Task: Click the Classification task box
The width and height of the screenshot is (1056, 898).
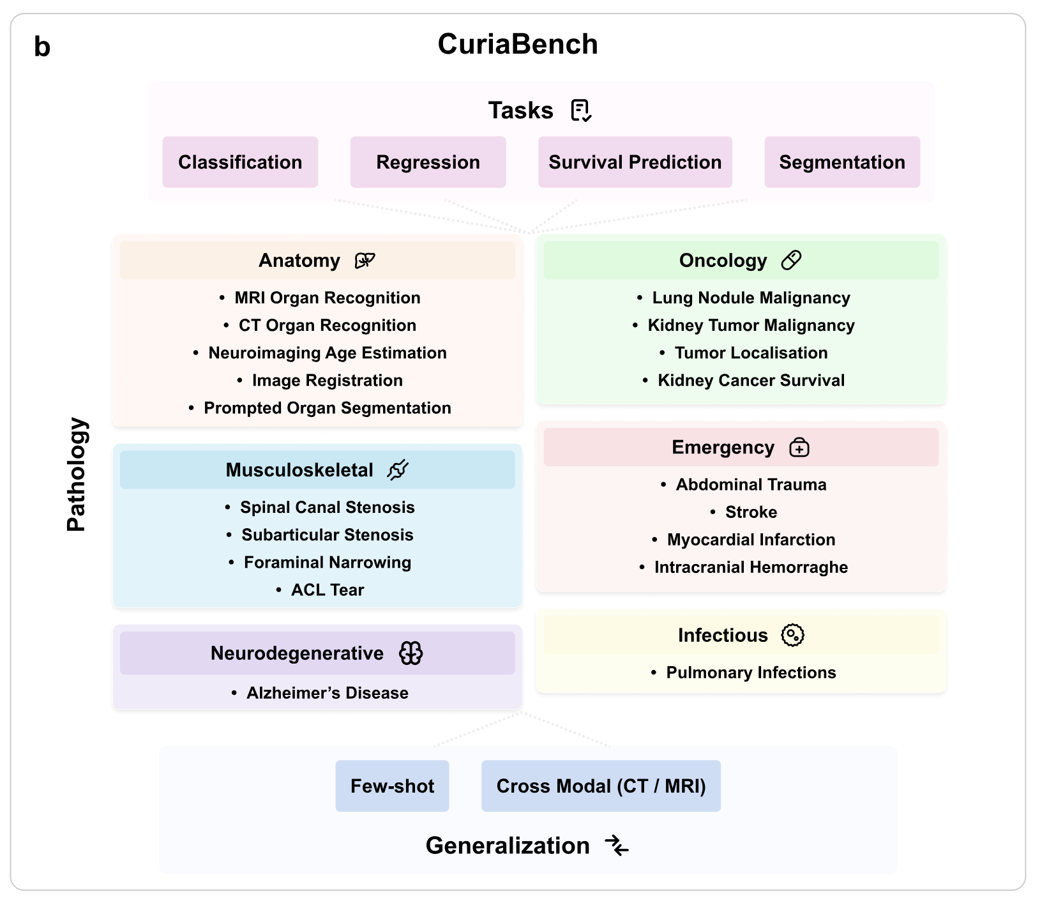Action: coord(240,162)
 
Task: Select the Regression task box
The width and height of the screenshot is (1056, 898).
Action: coord(428,162)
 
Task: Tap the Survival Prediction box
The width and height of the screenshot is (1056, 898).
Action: coord(635,162)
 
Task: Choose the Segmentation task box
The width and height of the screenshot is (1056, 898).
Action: coord(841,162)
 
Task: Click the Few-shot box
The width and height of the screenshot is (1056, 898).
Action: coord(392,786)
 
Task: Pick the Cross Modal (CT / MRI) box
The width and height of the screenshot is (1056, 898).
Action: coord(601,786)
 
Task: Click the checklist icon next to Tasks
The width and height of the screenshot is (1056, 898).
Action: coord(581,110)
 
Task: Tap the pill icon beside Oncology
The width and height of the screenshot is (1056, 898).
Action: coord(791,260)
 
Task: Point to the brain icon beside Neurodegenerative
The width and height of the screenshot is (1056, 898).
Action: coord(411,653)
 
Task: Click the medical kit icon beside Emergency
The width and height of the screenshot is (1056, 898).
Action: coord(799,447)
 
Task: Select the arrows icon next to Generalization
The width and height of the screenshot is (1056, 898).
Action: coord(617,845)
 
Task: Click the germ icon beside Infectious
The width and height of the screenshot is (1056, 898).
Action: coord(792,635)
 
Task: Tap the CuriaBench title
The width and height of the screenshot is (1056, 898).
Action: coord(518,44)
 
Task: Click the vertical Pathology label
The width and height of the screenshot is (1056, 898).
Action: coord(77,474)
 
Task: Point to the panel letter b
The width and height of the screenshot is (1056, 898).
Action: coord(42,47)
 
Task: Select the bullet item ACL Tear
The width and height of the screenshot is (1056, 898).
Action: coord(327,590)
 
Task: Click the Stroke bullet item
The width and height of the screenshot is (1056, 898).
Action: coord(751,512)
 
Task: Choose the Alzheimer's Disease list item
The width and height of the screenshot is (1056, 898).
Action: coord(327,693)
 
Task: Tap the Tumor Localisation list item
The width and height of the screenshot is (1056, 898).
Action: coord(751,353)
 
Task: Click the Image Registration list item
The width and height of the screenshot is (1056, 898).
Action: coord(327,380)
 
